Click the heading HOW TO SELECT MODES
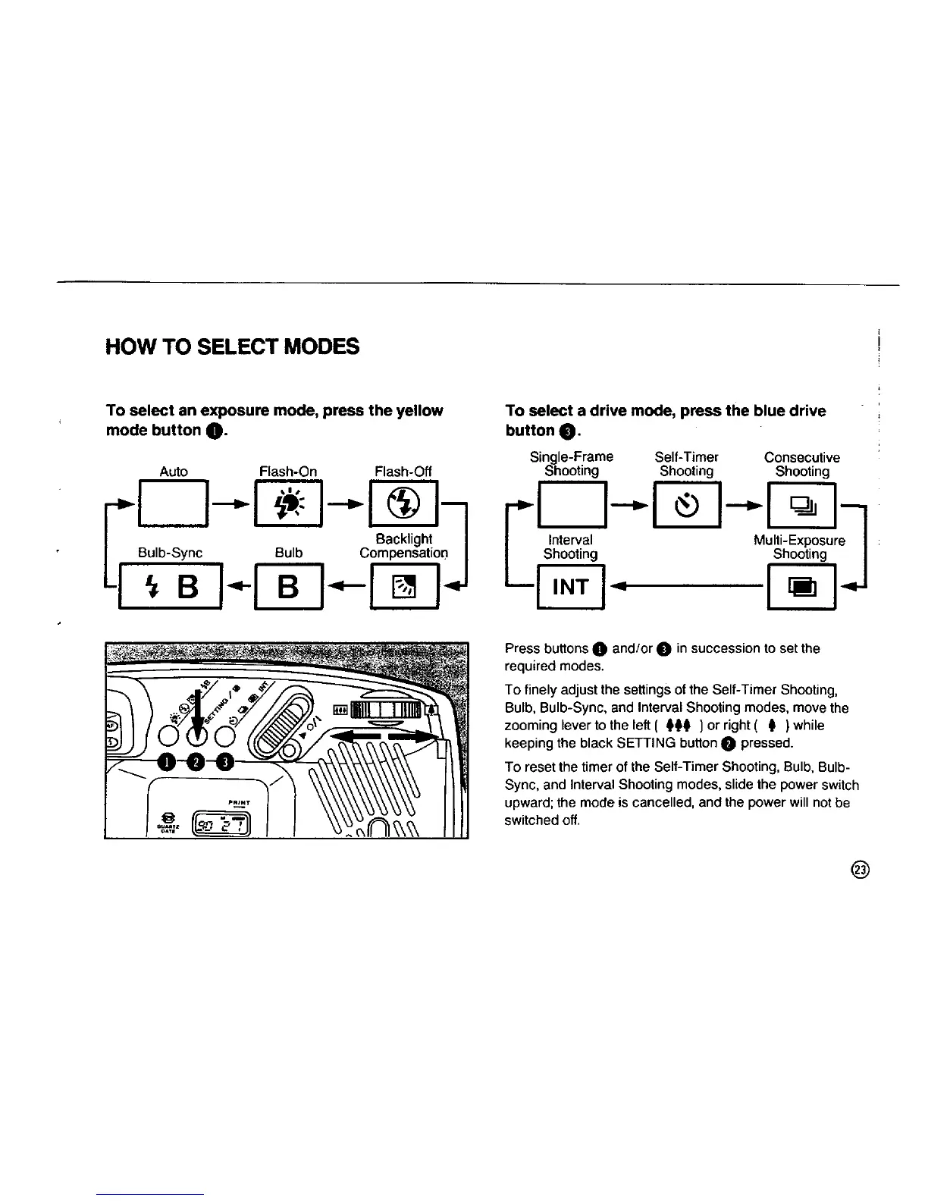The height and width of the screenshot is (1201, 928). click(x=232, y=347)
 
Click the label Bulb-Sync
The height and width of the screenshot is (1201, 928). click(x=170, y=553)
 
